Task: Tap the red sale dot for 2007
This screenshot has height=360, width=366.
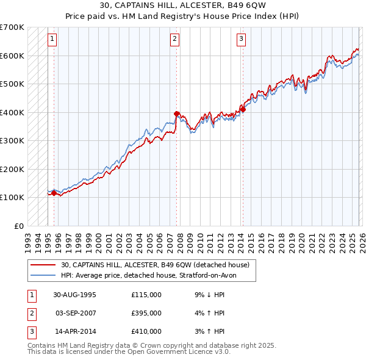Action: click(x=176, y=113)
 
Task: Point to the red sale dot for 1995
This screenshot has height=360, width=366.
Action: click(x=54, y=193)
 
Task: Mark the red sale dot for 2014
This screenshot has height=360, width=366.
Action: click(x=242, y=109)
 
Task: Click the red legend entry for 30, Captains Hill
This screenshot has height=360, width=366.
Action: click(x=155, y=265)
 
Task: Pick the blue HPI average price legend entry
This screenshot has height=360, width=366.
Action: click(x=152, y=275)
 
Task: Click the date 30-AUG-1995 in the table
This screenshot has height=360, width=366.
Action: click(x=74, y=295)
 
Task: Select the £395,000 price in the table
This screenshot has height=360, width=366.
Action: click(x=146, y=313)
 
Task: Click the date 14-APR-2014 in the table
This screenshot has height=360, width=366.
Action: click(x=74, y=331)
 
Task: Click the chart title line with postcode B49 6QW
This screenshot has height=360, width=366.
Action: click(x=183, y=5)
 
